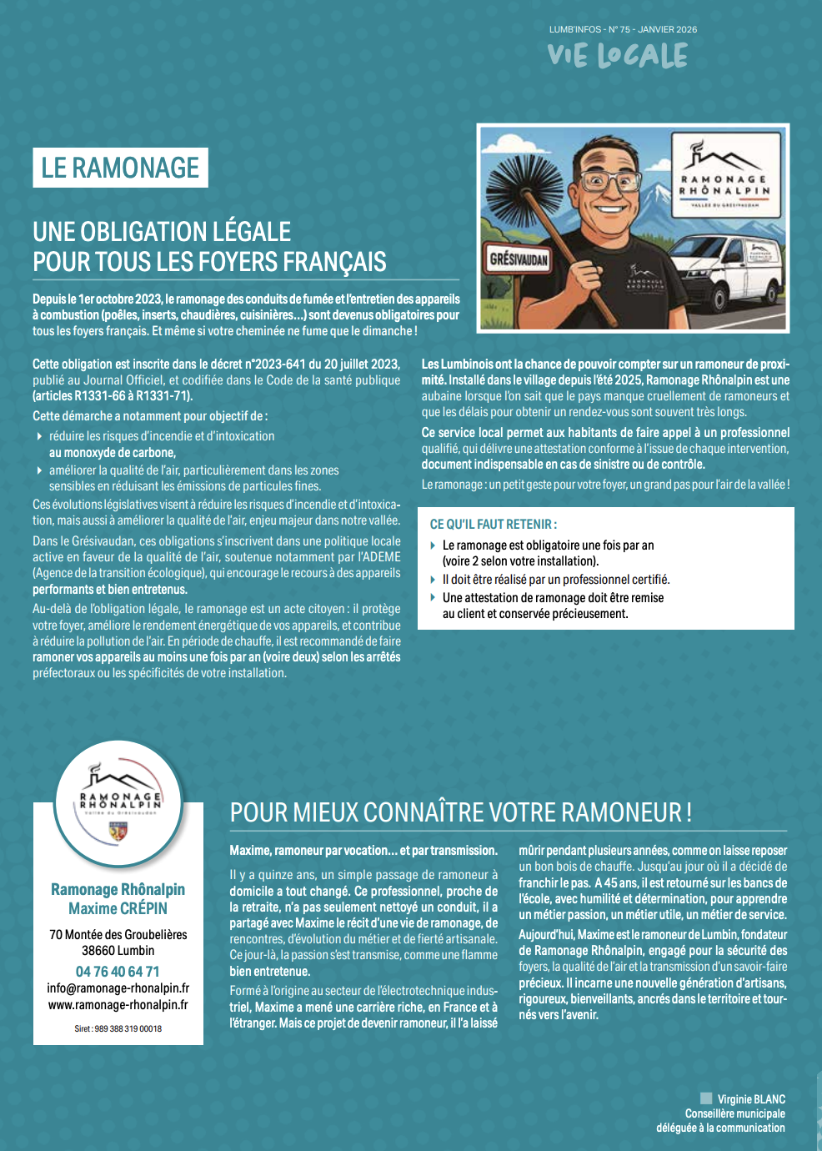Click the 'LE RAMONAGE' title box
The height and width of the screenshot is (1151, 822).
coord(120,168)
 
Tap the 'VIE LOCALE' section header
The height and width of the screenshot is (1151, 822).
coord(618,56)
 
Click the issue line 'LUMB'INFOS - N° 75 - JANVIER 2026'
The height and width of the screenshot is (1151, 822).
coord(623,29)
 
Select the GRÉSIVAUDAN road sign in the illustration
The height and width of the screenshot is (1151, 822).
coord(518,259)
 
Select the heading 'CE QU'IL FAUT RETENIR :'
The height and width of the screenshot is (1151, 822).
coord(494,525)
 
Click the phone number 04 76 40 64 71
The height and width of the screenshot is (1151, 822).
coord(118,972)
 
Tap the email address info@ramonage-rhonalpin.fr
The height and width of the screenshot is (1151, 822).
coord(118,988)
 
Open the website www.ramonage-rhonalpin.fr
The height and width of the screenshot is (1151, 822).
coord(118,1005)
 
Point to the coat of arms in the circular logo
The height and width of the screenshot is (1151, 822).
coord(118,832)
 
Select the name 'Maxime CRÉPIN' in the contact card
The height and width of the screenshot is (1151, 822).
coord(118,909)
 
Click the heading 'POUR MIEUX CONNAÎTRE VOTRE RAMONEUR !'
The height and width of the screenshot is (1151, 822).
coord(460,812)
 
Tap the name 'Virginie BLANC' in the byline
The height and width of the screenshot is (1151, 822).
coord(751,1099)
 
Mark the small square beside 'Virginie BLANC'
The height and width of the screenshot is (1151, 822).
coord(706,1099)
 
